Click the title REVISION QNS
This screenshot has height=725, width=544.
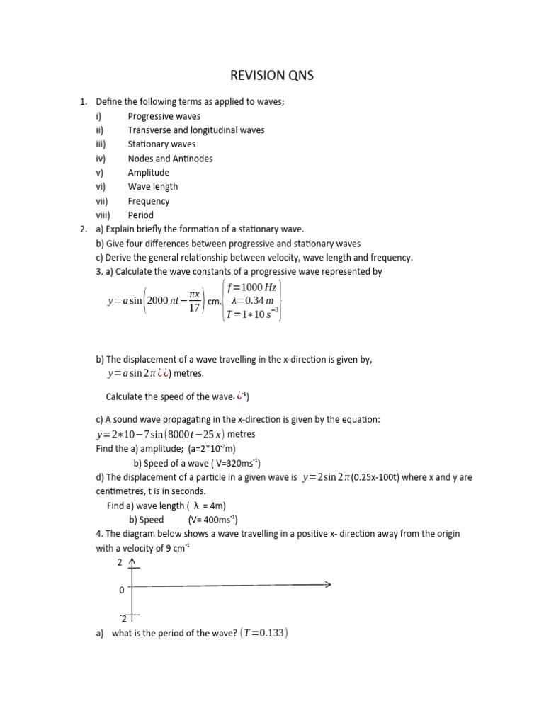coord(272,75)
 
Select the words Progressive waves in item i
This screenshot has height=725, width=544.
coord(164,116)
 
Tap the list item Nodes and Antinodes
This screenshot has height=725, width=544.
coord(170,159)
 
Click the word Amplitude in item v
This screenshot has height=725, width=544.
coord(149,173)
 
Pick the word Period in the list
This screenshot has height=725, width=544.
coord(140,215)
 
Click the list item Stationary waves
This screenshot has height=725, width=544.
coord(161,144)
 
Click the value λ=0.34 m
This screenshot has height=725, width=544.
coord(253,301)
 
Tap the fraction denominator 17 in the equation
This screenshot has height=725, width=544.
coord(194,308)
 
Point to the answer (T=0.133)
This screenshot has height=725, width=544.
coord(261,634)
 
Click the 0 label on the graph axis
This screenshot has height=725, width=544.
coord(121,590)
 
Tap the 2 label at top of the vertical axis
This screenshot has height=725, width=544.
coord(120,563)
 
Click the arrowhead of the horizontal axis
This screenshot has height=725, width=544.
coord(328,585)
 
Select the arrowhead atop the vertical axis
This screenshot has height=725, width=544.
coord(132,563)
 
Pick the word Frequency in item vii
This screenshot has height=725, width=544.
coord(149,201)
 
